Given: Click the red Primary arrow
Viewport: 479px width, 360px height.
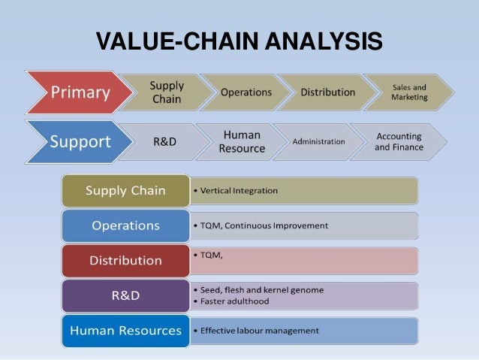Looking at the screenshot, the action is pyautogui.click(x=79, y=93).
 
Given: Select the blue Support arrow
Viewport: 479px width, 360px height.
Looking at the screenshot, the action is pyautogui.click(x=79, y=141).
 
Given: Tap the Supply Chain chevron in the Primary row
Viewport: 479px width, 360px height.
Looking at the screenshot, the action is pyautogui.click(x=166, y=92).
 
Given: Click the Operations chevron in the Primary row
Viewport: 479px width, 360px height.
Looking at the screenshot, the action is pyautogui.click(x=246, y=92).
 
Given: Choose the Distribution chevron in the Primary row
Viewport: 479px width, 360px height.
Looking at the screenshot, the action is pyautogui.click(x=327, y=92).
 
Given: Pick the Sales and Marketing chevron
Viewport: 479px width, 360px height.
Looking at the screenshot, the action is pyautogui.click(x=409, y=92).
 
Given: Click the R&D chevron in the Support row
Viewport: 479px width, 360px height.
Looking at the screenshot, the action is pyautogui.click(x=164, y=141).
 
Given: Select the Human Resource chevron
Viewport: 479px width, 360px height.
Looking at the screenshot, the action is pyautogui.click(x=241, y=141).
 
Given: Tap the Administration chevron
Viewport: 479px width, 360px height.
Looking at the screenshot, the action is pyautogui.click(x=318, y=141).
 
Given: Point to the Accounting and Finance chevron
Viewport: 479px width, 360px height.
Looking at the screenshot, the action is pyautogui.click(x=399, y=141).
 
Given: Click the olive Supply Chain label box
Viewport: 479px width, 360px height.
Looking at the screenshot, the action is pyautogui.click(x=125, y=191).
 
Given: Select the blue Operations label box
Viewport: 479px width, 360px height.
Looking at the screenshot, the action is pyautogui.click(x=125, y=225).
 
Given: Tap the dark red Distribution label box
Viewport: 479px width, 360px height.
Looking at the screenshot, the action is pyautogui.click(x=125, y=260).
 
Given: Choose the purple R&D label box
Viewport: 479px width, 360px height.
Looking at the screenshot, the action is pyautogui.click(x=125, y=295).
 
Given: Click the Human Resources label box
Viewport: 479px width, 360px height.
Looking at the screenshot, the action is pyautogui.click(x=125, y=331).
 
